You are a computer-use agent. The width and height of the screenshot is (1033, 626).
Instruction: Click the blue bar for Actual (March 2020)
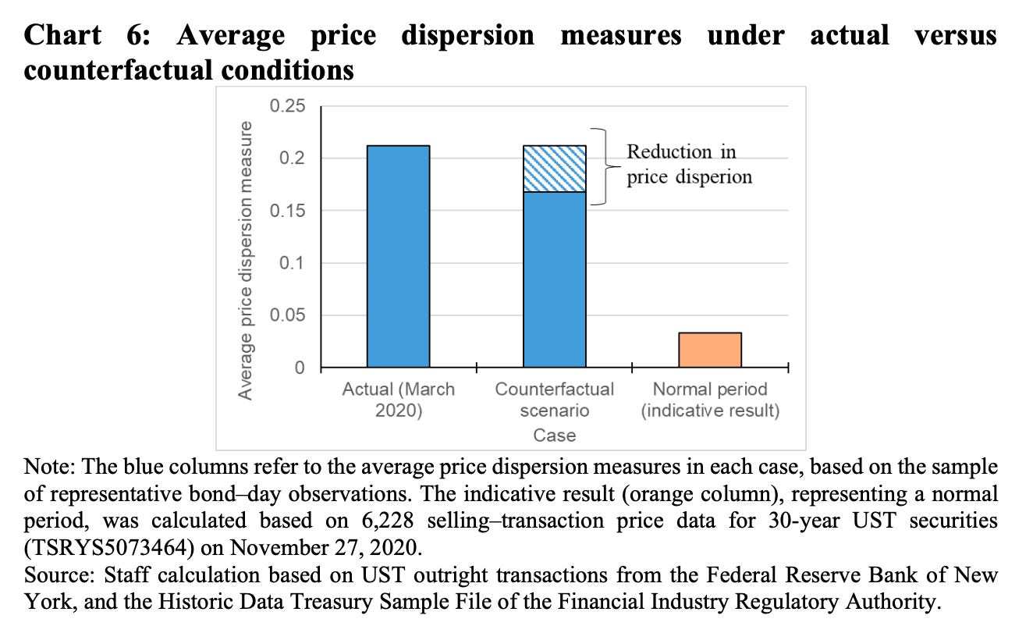click(399, 257)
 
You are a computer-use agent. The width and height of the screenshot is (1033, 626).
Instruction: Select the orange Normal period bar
click(710, 350)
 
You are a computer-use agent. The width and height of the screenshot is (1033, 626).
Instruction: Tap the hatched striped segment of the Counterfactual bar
click(555, 169)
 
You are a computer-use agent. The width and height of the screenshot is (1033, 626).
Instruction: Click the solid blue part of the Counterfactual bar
click(555, 280)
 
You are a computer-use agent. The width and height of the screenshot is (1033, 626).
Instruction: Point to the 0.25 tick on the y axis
click(287, 106)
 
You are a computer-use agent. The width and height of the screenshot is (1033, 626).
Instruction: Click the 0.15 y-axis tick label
click(287, 211)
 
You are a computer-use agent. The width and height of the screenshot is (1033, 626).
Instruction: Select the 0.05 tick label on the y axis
click(287, 315)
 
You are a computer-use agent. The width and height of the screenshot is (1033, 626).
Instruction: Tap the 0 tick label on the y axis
click(300, 368)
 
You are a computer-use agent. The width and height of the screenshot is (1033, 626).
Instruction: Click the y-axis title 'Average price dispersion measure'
click(245, 261)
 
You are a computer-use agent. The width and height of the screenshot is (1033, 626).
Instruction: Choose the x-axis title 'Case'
click(554, 435)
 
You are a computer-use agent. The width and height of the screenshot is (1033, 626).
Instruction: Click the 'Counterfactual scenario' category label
click(554, 400)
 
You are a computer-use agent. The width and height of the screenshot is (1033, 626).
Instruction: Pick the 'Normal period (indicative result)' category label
click(710, 400)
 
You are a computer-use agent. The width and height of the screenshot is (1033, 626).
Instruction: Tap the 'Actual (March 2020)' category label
click(399, 400)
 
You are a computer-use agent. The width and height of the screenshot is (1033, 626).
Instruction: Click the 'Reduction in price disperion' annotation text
click(689, 164)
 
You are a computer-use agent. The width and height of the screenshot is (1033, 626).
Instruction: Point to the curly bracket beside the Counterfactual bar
click(605, 166)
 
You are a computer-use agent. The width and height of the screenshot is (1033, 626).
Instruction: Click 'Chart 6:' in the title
click(87, 35)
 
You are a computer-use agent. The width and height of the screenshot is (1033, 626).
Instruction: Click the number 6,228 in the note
click(387, 521)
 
